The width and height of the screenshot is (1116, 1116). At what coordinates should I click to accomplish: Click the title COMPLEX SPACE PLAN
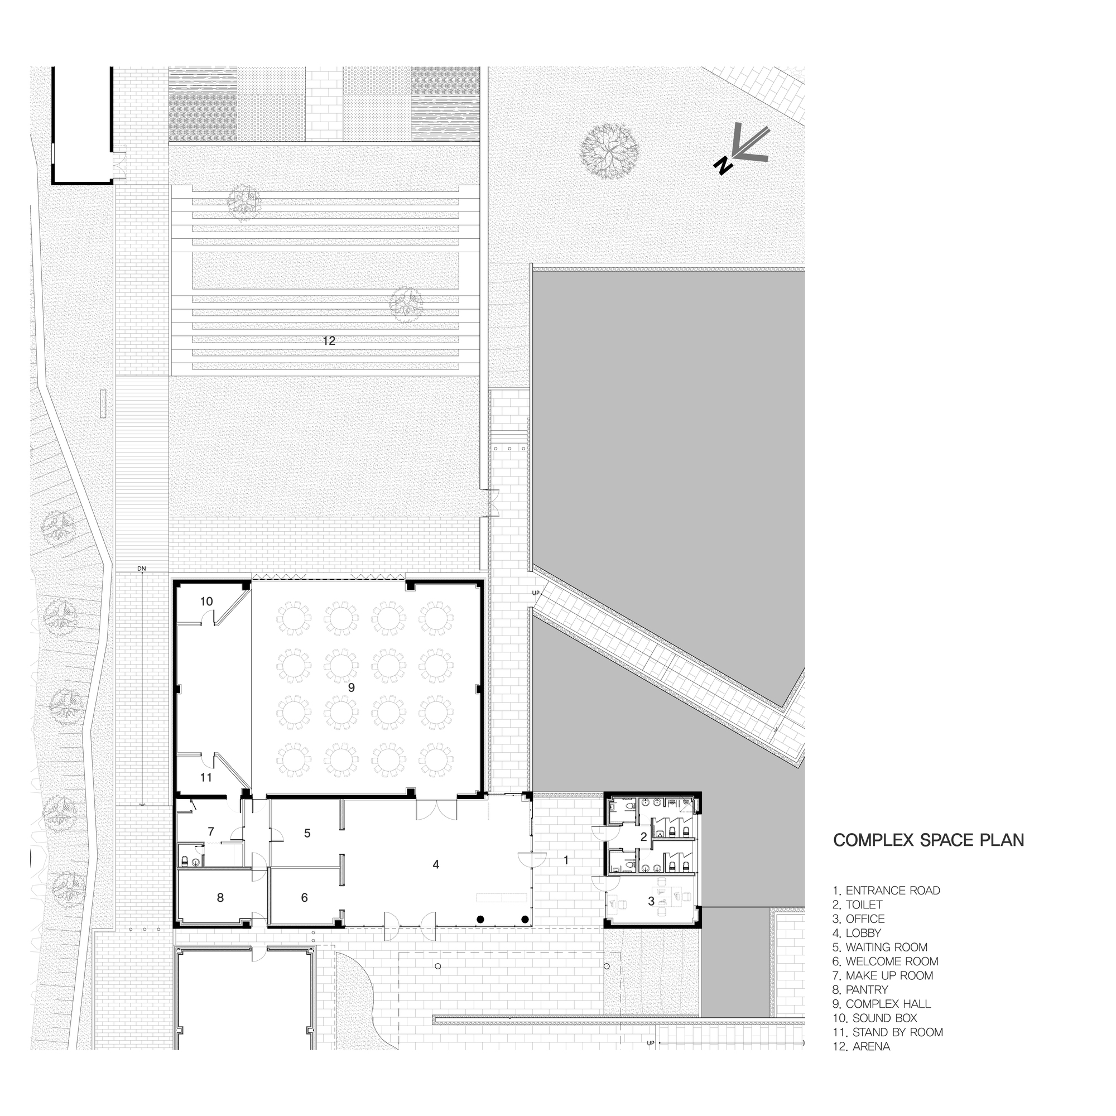click(x=929, y=840)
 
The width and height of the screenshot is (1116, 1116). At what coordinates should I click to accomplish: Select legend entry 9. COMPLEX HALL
click(x=888, y=1004)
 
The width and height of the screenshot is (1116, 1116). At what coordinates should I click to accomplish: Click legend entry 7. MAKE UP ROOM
click(x=883, y=975)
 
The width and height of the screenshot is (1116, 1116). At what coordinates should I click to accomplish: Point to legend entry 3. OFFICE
click(x=858, y=919)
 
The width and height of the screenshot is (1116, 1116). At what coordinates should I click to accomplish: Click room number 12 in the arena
click(x=329, y=341)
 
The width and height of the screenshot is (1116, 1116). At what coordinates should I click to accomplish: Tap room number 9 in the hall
click(x=351, y=687)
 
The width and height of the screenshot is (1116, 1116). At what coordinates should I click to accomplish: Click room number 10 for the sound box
click(x=207, y=602)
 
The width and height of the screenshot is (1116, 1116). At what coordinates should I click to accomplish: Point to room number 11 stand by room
click(x=206, y=777)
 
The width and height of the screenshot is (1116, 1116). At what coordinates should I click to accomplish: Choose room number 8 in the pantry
click(x=220, y=898)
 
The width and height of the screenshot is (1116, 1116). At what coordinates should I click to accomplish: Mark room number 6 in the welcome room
click(x=305, y=898)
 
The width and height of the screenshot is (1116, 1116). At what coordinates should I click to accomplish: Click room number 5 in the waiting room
click(x=307, y=833)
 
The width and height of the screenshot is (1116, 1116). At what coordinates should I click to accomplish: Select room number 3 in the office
click(x=651, y=901)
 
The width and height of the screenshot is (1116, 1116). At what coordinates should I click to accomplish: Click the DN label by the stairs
click(x=142, y=569)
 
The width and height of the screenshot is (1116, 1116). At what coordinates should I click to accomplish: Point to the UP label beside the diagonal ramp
click(x=536, y=593)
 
